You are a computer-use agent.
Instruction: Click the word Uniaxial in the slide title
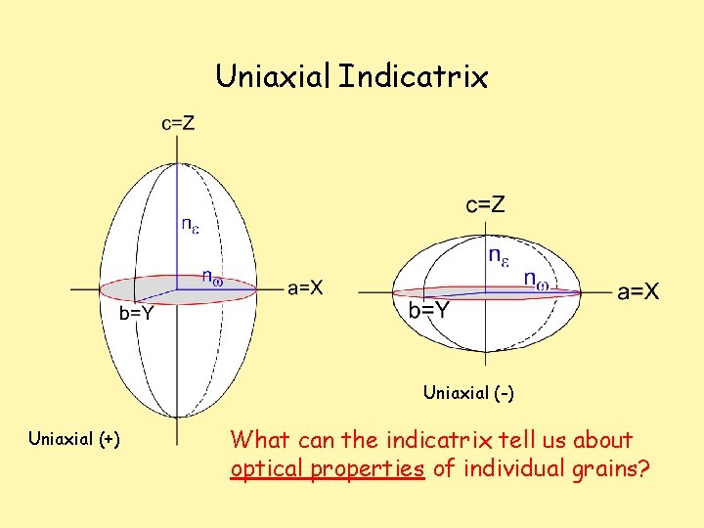point(273,76)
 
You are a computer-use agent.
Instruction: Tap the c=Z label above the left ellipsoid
point(178,123)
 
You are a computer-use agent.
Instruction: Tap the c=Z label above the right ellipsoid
point(485,204)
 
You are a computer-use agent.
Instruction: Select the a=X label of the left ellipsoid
point(306,287)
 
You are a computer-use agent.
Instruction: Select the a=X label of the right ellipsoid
point(638,290)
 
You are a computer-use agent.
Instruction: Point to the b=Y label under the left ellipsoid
point(135,314)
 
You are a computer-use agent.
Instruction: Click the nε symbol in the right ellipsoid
point(498,257)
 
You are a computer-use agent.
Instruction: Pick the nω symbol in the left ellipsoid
point(212,278)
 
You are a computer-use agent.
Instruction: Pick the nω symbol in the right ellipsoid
point(536,281)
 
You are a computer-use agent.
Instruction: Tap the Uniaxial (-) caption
point(468,393)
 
